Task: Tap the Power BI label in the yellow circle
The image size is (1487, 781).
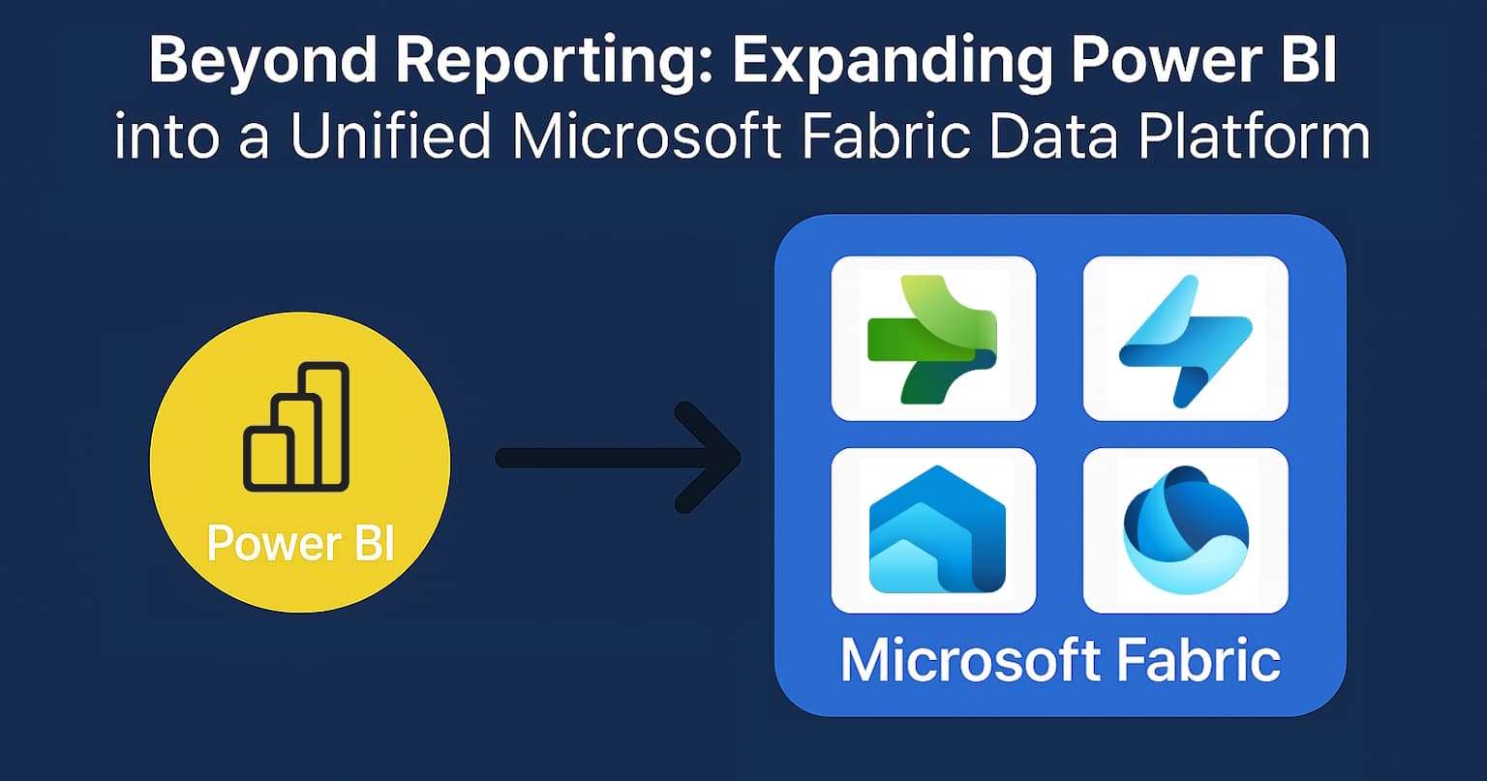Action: click(300, 543)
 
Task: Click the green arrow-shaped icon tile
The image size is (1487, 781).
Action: click(933, 338)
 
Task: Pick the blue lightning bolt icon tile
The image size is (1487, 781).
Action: click(1185, 338)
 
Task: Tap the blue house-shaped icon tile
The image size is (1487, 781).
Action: click(933, 529)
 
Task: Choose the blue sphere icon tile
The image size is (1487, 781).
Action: click(1185, 529)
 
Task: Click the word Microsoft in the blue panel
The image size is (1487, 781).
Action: click(971, 661)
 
